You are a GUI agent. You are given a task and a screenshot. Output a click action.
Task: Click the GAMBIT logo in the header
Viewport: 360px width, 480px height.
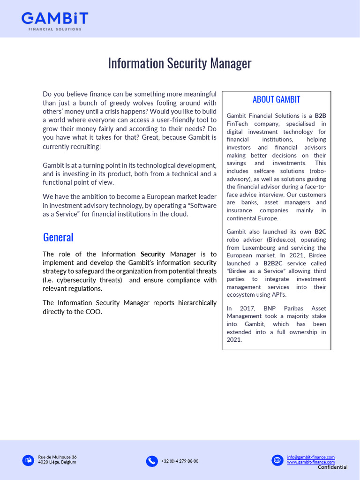(x=55, y=19)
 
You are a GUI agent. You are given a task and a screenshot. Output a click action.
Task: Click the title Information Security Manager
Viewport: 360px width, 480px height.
(x=180, y=63)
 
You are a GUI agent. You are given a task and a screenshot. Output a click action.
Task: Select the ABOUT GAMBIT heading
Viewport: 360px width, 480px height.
(x=276, y=99)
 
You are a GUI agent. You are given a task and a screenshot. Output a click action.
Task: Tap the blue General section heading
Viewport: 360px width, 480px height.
(x=58, y=237)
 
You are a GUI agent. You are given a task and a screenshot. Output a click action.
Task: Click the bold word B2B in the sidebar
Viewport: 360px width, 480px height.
(x=320, y=116)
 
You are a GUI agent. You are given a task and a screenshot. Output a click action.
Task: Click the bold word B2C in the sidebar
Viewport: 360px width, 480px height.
(x=320, y=232)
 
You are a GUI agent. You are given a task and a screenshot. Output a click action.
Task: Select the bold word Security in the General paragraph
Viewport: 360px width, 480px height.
(x=153, y=255)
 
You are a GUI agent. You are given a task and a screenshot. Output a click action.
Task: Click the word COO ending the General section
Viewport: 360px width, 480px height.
(x=93, y=312)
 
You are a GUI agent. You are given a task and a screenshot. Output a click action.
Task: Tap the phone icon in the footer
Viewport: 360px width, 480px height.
(x=152, y=461)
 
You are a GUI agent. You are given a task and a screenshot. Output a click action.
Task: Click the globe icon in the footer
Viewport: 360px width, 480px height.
(x=277, y=460)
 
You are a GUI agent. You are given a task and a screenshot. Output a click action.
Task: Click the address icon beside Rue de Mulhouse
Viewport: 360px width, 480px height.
(x=28, y=460)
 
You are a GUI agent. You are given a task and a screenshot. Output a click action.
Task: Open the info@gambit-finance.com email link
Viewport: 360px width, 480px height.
(x=311, y=457)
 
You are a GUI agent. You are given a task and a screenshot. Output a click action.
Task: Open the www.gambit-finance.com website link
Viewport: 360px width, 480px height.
(x=311, y=462)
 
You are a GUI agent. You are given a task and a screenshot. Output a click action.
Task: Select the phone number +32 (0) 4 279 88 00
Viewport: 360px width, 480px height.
(x=180, y=461)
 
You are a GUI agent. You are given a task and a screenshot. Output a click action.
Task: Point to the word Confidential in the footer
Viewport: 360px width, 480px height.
(x=332, y=467)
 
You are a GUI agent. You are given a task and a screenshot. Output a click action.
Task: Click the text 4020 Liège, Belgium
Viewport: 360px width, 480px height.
(x=57, y=462)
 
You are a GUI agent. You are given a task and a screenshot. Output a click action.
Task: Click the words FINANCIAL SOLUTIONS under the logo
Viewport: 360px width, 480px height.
(x=55, y=29)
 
